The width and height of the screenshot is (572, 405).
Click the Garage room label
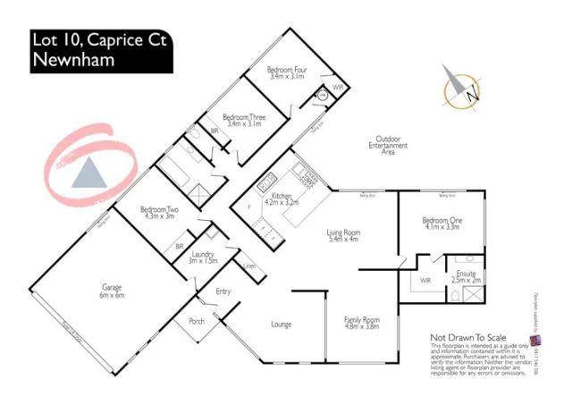(112, 291)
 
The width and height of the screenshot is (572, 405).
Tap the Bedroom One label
(440, 222)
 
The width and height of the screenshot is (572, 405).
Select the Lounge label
(282, 324)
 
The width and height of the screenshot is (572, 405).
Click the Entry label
(223, 291)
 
